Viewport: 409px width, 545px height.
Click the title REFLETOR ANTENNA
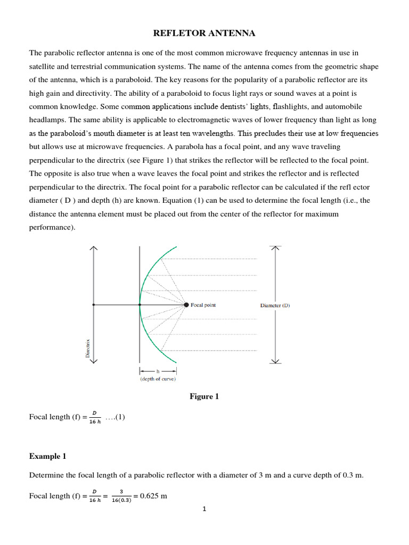[x=204, y=34]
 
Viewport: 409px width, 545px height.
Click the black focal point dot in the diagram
[x=186, y=305]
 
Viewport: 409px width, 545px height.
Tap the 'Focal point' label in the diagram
[x=203, y=305]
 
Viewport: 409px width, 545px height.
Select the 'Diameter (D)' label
[x=275, y=305]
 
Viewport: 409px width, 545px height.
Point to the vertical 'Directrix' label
[x=88, y=348]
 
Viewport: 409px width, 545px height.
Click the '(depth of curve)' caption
[x=158, y=379]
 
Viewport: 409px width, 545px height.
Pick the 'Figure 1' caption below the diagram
[x=204, y=397]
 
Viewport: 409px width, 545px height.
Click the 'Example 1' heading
[x=48, y=456]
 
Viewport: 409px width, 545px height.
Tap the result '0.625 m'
[x=153, y=496]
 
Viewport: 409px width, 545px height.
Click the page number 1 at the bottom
[x=204, y=509]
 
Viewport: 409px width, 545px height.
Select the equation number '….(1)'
[x=115, y=417]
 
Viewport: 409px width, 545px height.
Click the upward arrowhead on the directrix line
[x=94, y=249]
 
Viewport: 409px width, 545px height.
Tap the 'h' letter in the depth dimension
[x=158, y=370]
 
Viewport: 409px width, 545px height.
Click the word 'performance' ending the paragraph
[x=52, y=227]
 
